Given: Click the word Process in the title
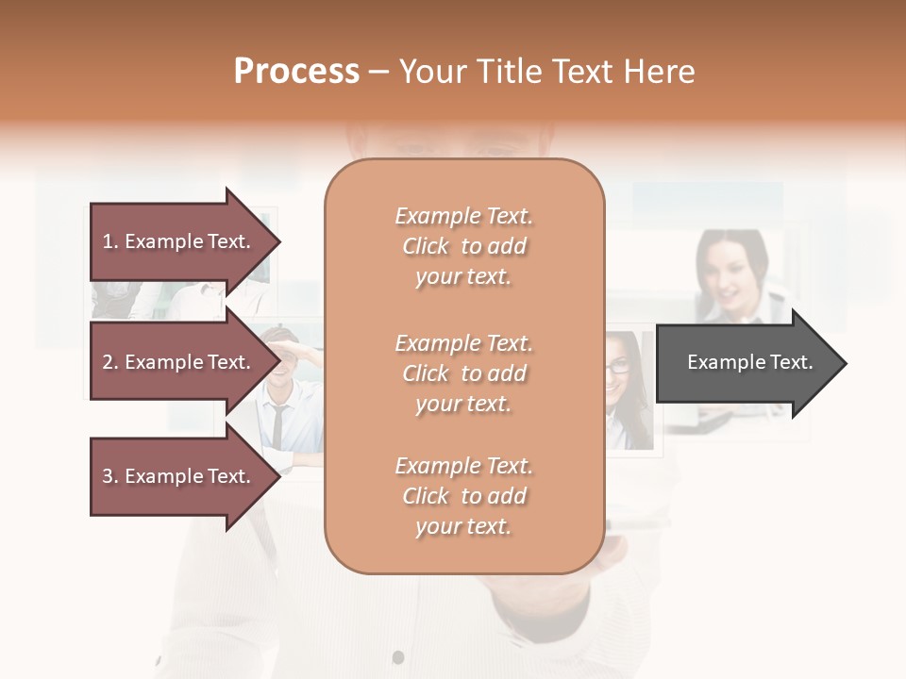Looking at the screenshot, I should click(296, 72).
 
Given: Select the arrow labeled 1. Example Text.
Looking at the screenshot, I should click(179, 241).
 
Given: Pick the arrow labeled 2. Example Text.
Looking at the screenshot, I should click(179, 362).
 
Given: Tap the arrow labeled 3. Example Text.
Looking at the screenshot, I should click(179, 476).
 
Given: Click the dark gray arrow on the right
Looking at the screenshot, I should click(746, 363).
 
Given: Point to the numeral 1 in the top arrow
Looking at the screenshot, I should click(108, 241).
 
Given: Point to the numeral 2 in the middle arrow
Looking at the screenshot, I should click(108, 362).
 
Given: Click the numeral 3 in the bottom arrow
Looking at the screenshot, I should click(108, 476).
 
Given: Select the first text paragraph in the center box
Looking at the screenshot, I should click(463, 246).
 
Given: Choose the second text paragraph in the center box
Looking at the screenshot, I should click(463, 373).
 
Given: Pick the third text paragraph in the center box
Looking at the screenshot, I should click(463, 496).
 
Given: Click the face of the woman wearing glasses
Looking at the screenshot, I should click(619, 364).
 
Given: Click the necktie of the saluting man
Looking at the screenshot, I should click(277, 424).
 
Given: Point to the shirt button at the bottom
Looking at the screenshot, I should click(398, 656).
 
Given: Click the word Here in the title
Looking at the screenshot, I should click(660, 72).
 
